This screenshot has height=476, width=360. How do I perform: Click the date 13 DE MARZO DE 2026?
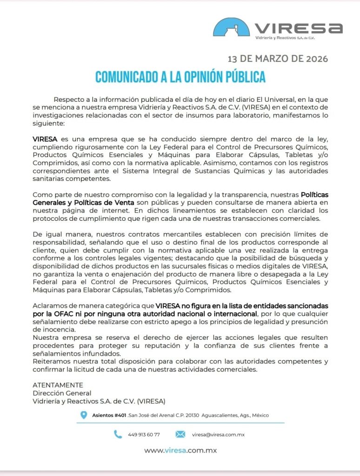[278, 59]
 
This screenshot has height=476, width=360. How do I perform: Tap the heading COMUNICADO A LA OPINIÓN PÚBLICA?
[180, 77]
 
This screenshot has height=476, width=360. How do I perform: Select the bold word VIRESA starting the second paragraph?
[45, 139]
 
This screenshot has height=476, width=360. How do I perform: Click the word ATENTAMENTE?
[58, 385]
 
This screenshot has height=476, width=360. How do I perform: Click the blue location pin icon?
[84, 415]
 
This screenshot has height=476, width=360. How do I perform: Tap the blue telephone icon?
[118, 434]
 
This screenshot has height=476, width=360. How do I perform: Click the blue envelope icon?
[180, 434]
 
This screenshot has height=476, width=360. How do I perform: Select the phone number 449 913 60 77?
[144, 435]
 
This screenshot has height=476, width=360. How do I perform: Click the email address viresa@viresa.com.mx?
[218, 435]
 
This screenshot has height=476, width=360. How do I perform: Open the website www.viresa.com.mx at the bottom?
[180, 450]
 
